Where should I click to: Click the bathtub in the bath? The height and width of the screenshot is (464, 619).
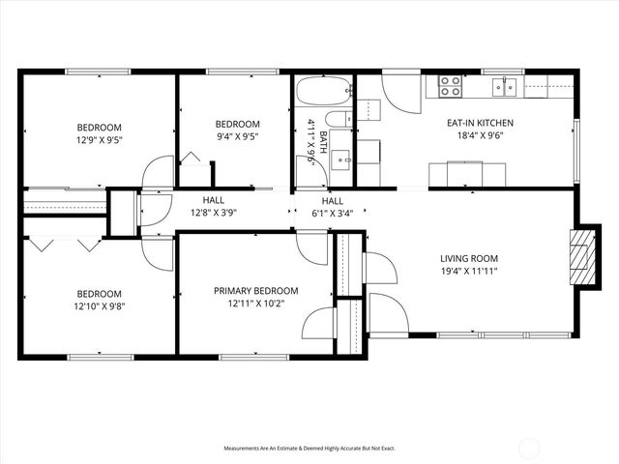[323, 92]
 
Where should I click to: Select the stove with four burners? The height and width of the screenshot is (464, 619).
[451, 87]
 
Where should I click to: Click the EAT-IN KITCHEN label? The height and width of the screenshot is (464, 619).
[480, 123]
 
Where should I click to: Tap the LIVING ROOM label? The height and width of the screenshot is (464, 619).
[469, 258]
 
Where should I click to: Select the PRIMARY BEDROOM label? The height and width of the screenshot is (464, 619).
[256, 291]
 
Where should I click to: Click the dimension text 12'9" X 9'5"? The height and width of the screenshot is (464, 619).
[100, 140]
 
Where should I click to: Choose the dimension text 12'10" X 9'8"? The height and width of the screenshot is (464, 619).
[100, 307]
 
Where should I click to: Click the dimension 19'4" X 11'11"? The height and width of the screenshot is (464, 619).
[469, 272]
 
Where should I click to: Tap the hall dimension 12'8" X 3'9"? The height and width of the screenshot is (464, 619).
[213, 213]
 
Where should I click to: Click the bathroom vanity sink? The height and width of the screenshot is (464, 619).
[341, 159]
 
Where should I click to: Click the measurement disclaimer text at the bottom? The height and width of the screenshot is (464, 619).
[309, 449]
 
